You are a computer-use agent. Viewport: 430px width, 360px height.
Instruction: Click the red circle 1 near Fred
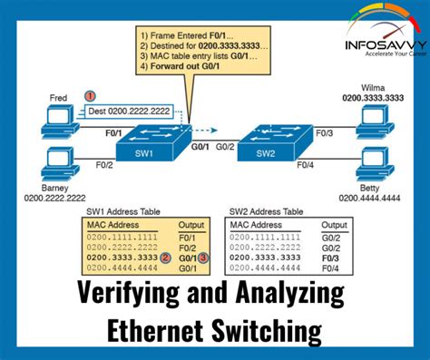(90, 95)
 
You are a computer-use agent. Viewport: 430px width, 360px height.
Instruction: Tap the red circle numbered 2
(166, 258)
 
